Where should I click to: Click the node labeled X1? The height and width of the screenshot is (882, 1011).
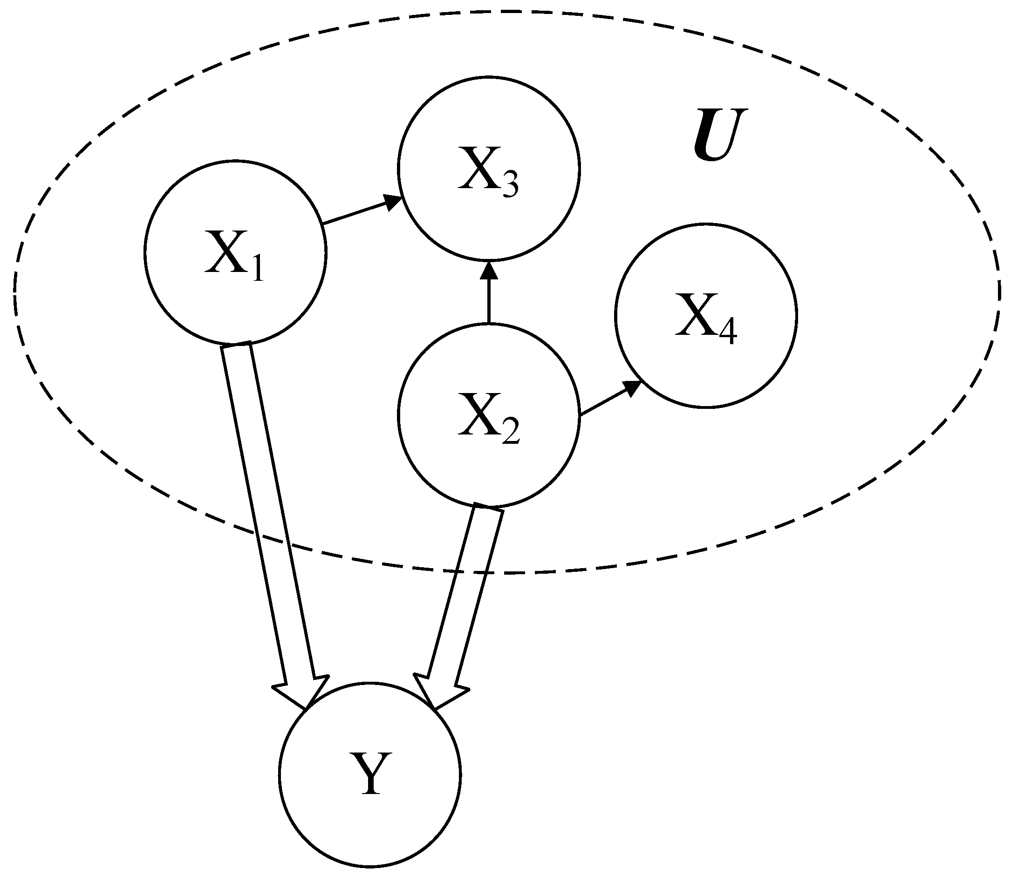(235, 252)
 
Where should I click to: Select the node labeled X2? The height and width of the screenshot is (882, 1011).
(489, 415)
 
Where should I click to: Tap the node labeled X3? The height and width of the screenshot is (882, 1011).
(489, 168)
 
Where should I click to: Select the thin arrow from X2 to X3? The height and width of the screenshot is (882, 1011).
(489, 295)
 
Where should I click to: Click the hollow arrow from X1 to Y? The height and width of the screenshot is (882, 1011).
(268, 512)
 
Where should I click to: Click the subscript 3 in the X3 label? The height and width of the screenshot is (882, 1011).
(510, 188)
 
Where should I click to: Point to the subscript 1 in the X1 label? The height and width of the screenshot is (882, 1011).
(257, 271)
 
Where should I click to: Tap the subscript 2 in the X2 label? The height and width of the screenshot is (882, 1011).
(511, 434)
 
